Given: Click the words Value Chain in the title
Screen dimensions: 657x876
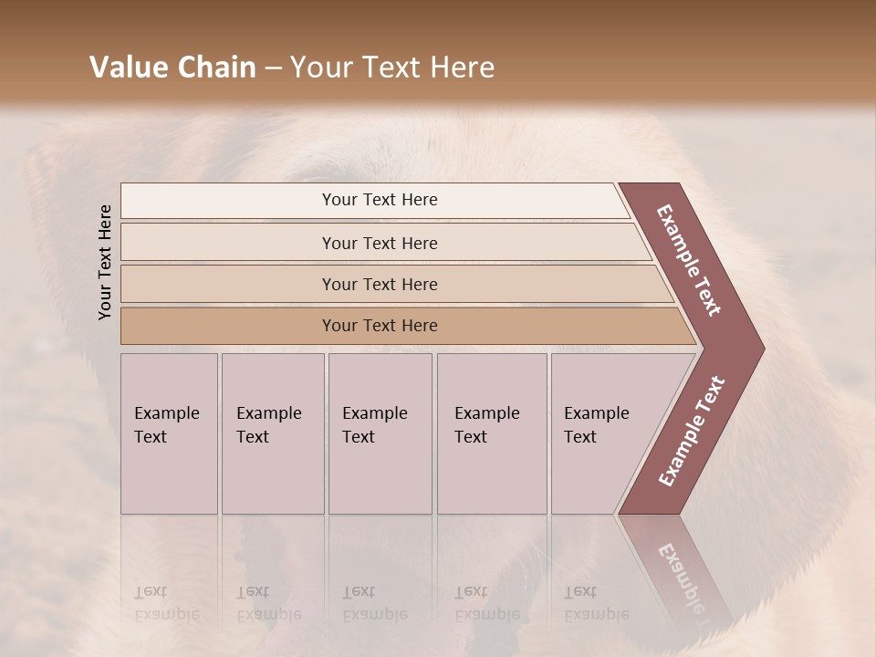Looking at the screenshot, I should pos(172,68).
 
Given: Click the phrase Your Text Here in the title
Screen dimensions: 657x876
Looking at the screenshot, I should pos(392,68).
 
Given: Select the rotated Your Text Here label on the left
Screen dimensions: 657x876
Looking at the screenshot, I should pos(105,262).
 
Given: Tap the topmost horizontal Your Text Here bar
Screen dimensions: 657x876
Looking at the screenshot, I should pos(379,200).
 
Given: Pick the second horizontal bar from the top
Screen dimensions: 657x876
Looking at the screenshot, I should pos(379,243).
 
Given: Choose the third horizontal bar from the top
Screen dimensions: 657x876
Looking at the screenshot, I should pos(379,284).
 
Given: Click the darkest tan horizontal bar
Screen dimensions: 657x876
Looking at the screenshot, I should pos(379,326).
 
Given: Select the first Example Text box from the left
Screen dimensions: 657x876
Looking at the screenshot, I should pos(169,433).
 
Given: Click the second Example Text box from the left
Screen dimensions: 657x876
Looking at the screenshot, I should pos(272,433).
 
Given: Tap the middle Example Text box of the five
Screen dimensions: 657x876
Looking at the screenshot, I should pos(380,433).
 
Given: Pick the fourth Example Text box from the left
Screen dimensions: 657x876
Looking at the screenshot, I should pos(491,433).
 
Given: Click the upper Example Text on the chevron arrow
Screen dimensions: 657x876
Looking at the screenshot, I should pos(690,260).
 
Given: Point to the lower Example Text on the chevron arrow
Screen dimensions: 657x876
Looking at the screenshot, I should pos(692,431).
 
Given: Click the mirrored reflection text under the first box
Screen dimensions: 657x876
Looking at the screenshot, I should pos(166,603).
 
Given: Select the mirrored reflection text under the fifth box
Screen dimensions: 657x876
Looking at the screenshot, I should pos(596,603).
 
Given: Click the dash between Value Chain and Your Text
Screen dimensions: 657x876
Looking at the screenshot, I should pos(273,68).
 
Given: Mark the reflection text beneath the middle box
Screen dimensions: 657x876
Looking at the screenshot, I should pos(374,603).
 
